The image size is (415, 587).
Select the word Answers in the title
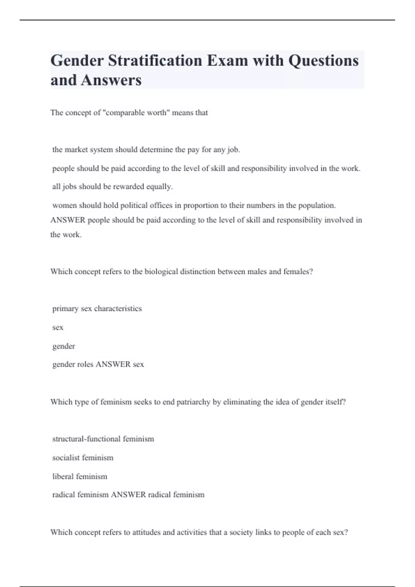[x=111, y=80]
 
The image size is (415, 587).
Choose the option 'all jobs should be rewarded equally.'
[x=112, y=186]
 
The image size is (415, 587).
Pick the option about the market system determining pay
[x=146, y=150]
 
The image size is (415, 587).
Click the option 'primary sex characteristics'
[x=97, y=308]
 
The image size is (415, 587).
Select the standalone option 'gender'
[x=64, y=346]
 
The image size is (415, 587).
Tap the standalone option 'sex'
[x=58, y=327]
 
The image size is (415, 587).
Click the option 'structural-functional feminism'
[x=103, y=439]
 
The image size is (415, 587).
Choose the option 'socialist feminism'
[x=83, y=458]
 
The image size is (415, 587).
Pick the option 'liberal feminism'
[x=80, y=477]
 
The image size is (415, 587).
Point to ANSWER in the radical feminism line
[x=128, y=494]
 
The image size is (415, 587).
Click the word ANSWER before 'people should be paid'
[x=68, y=220]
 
